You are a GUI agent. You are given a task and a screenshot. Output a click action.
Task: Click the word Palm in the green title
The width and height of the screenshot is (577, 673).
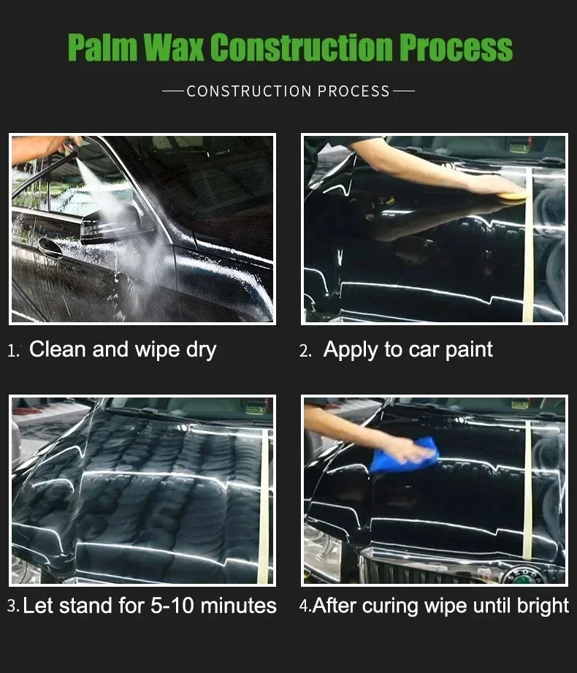[x=102, y=47]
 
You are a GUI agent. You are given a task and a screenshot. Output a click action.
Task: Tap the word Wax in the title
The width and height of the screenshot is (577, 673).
[x=173, y=47]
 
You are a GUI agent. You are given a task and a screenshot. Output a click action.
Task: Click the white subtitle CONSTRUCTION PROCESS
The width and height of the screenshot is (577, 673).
[x=288, y=91]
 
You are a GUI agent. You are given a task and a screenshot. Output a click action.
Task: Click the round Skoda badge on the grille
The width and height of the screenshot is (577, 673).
[x=524, y=574]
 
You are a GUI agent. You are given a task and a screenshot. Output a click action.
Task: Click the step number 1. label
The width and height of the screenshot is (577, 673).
[x=14, y=351]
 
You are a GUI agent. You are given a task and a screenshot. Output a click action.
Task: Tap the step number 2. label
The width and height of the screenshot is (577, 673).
[x=305, y=351]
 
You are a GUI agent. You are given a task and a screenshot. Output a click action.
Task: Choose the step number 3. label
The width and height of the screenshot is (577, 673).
[x=13, y=606]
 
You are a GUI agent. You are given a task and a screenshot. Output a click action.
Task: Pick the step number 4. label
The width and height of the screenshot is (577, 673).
[x=305, y=606]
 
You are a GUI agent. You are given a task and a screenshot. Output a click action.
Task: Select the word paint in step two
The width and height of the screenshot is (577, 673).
[x=469, y=351]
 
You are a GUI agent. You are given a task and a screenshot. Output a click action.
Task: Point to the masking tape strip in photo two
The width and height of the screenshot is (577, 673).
[x=529, y=245]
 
